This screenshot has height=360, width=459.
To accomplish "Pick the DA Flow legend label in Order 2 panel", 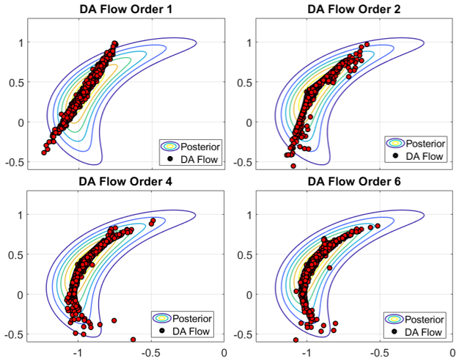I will point(425,155).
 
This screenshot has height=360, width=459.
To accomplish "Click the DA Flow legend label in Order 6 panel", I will point(425,332).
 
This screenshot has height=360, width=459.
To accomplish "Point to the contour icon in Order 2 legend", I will point(396,143).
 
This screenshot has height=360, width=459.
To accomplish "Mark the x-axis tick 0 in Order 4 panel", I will point(224,353).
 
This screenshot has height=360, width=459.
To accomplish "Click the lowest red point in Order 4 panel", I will point(133,339).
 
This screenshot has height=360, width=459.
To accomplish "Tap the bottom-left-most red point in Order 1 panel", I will point(44,153).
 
